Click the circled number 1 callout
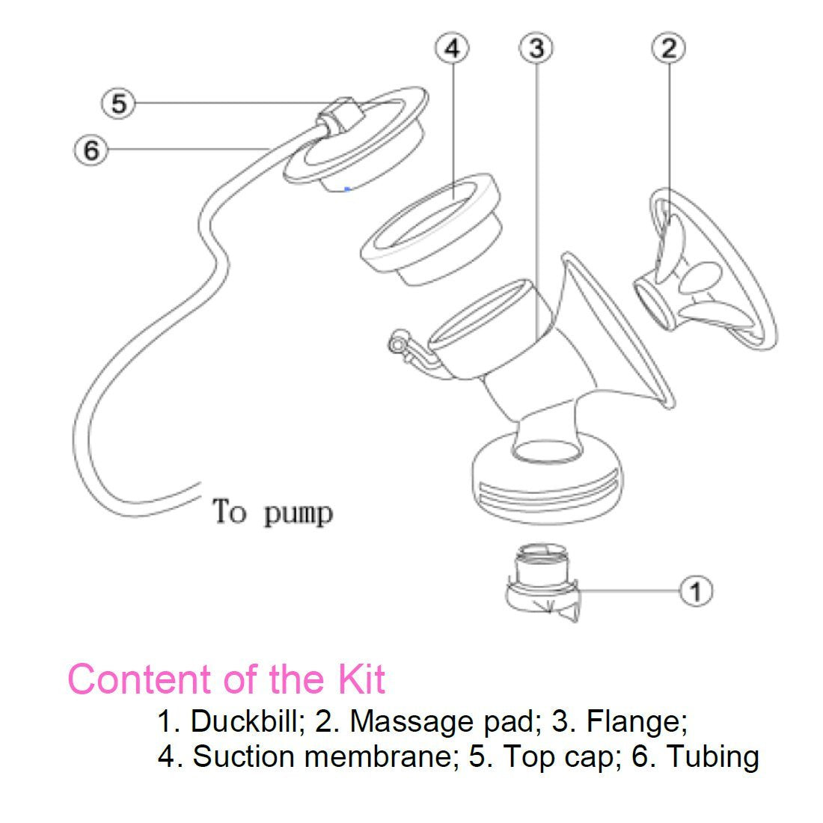(696, 591)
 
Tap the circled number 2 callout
(669, 49)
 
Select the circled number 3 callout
(536, 49)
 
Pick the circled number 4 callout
(452, 49)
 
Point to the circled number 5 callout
(119, 103)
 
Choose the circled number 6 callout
(91, 150)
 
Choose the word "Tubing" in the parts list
(712, 756)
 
